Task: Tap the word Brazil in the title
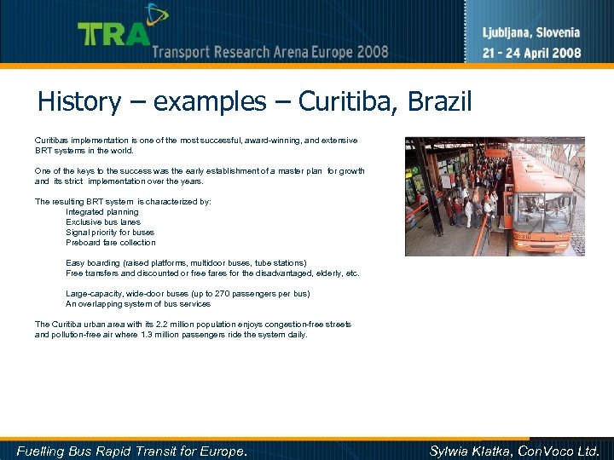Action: tap(440, 102)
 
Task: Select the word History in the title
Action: tap(79, 102)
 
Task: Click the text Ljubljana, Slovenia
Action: tap(531, 33)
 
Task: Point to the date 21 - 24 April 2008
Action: tap(531, 52)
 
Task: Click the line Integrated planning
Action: tap(102, 212)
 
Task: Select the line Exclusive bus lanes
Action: tap(103, 222)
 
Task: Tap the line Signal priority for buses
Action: tap(110, 233)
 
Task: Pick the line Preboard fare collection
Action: tap(111, 243)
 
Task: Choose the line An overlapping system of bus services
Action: tap(138, 304)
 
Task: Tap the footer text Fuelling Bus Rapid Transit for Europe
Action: tap(132, 451)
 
